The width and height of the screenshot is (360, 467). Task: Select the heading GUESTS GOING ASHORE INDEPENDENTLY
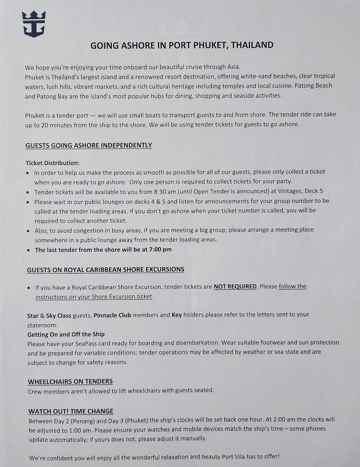pyautogui.click(x=89, y=145)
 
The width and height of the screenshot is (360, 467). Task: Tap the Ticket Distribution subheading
pyautogui.click(x=53, y=163)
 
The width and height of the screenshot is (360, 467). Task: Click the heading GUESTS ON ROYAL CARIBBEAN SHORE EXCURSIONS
pyautogui.click(x=106, y=270)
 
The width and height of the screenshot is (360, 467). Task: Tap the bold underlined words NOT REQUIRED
pyautogui.click(x=235, y=286)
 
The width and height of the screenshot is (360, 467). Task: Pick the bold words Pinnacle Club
pyautogui.click(x=112, y=315)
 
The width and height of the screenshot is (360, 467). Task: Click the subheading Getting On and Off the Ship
pyautogui.click(x=66, y=334)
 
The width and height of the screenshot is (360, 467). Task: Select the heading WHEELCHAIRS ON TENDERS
pyautogui.click(x=70, y=382)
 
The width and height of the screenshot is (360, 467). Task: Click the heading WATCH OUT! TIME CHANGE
pyautogui.click(x=71, y=411)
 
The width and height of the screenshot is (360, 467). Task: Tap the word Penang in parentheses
pyautogui.click(x=85, y=421)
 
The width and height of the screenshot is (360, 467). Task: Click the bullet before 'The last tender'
pyautogui.click(x=28, y=250)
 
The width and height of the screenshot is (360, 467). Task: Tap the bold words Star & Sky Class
pyautogui.click(x=49, y=316)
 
